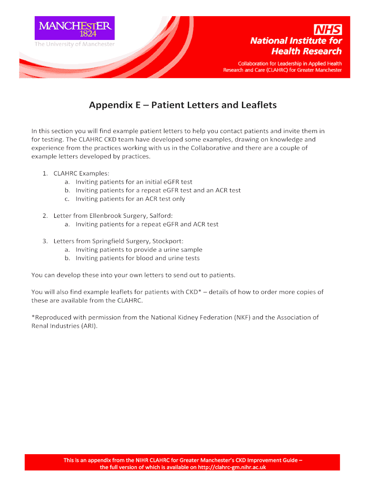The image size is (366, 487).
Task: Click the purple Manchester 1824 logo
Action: coord(74,28)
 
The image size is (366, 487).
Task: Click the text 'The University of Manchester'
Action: coord(74,44)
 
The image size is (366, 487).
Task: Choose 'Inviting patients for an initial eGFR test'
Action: coord(134,182)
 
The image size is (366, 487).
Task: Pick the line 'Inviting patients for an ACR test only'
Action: coord(130,199)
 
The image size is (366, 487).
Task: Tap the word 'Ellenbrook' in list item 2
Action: coord(105,215)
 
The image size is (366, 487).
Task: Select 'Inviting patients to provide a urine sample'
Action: coord(139,250)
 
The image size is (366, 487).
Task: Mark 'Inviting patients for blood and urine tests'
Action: coord(138,258)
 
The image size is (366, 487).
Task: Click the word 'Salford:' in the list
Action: coord(154,215)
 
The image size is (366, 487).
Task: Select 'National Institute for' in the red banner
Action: coord(296,41)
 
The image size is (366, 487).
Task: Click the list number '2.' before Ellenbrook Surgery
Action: coord(45,215)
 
